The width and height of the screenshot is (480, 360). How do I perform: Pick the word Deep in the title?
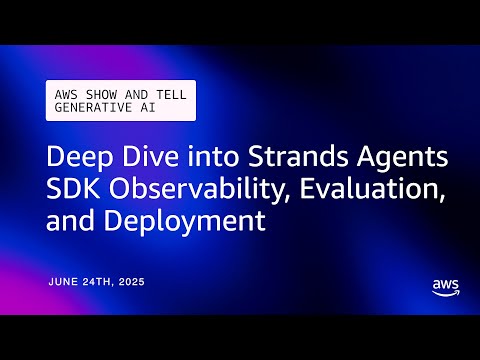(75, 160)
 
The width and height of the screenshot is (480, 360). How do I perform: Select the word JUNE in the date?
(67, 283)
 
